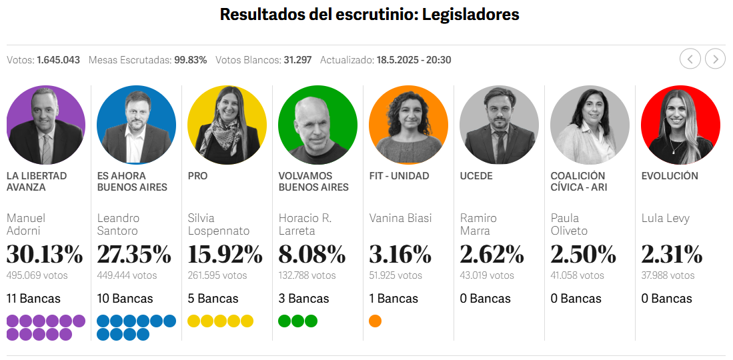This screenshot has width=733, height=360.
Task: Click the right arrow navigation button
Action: coord(715,59)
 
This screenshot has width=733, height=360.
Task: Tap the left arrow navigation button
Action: coord(690,59)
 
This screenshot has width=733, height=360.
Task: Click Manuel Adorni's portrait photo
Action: coord(45,125)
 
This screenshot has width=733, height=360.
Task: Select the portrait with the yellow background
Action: coord(227,125)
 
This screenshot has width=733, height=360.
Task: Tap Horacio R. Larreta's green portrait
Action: coord(317,125)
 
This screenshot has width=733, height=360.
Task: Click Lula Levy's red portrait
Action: coord(680,125)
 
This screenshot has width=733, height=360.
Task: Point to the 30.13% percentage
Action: coord(45,255)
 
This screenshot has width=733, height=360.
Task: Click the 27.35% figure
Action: coord(134,255)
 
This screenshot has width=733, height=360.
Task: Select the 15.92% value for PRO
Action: coord(225,255)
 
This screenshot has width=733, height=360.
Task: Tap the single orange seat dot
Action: coord(375,321)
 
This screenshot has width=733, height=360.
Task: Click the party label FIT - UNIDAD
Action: coord(399,176)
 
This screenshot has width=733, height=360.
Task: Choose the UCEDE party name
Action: coord(476,176)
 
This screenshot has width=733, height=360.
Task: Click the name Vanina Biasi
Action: coord(400,218)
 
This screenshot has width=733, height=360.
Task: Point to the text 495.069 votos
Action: coord(37,275)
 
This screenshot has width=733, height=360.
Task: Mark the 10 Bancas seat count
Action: coord(125,299)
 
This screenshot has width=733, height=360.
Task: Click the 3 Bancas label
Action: coord(303,299)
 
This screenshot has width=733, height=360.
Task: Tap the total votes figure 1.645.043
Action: coord(58,60)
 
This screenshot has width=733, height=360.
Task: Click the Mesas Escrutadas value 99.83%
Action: coord(190,60)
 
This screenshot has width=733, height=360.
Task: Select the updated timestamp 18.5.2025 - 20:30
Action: coord(414,60)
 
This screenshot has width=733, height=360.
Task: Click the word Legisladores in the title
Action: coord(471,15)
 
